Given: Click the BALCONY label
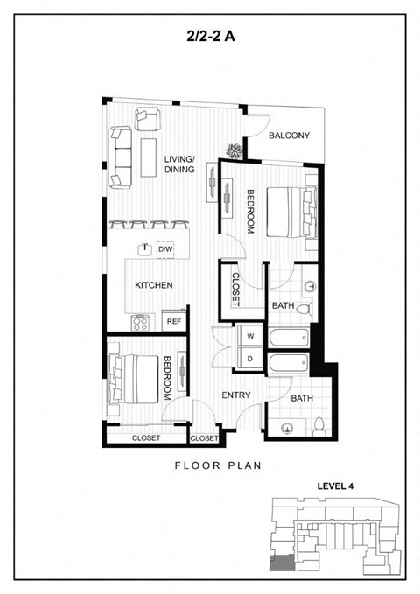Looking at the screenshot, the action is tap(289, 136).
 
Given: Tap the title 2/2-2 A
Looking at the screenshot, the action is tap(210, 37).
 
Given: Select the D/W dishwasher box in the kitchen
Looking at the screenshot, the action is tap(165, 249).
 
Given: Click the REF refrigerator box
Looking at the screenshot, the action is tap(174, 321).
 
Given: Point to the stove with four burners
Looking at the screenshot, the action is tap(141, 323).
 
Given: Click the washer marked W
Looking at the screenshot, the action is tap(249, 336).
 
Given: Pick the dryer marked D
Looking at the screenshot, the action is tap(249, 358).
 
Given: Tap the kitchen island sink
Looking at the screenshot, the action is tap(144, 249).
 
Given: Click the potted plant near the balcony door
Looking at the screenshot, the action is tap(234, 150).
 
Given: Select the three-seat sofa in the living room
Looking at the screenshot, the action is tap(121, 157).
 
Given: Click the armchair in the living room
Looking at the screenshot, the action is tap(148, 119).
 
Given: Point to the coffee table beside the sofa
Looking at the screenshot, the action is tap(149, 157).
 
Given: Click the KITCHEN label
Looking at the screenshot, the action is tap(154, 285).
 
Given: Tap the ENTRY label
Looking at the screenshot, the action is tap(235, 395).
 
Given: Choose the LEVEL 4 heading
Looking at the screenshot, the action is tap(335, 486).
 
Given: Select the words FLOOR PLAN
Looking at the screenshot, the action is tap(218, 465).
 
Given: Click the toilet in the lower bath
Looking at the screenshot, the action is tap(318, 427).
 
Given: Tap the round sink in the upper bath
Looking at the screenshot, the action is tap(311, 286).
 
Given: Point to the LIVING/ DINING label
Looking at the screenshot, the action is tap(179, 164).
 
